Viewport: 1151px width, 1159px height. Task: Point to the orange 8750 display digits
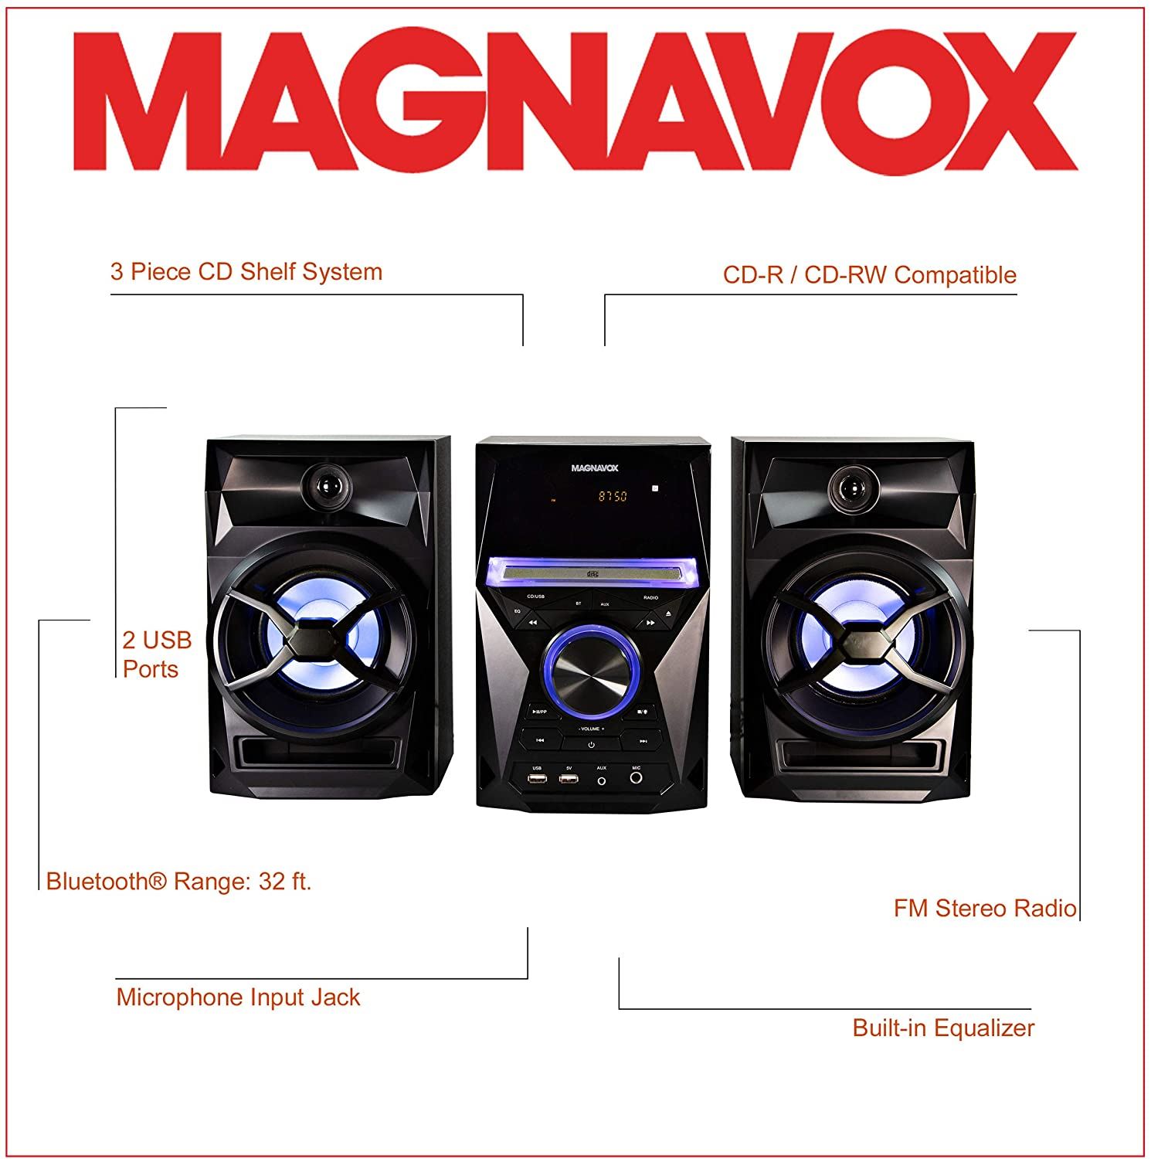pyautogui.click(x=613, y=496)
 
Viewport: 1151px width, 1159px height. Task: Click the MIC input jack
pyautogui.click(x=636, y=778)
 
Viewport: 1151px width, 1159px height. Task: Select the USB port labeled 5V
pyautogui.click(x=569, y=779)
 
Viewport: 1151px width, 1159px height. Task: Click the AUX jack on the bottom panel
pyautogui.click(x=602, y=780)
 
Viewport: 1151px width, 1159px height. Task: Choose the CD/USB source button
pyautogui.click(x=536, y=597)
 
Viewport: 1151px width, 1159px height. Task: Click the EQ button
pyautogui.click(x=518, y=611)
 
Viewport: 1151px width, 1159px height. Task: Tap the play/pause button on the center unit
pyautogui.click(x=539, y=712)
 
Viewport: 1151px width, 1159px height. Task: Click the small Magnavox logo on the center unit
pyautogui.click(x=594, y=467)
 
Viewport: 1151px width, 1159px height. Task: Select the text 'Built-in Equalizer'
pyautogui.click(x=942, y=1028)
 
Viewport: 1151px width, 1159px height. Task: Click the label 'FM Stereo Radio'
pyautogui.click(x=984, y=908)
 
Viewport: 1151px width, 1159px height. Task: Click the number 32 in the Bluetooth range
pyautogui.click(x=271, y=881)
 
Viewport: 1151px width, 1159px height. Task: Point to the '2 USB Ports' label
pyautogui.click(x=157, y=654)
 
